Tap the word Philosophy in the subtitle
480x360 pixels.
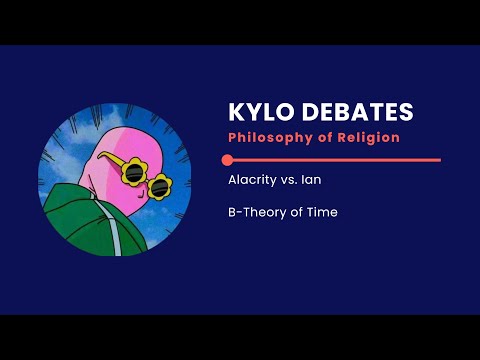click(264, 137)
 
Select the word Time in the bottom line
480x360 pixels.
click(322, 212)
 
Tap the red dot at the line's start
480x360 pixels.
click(227, 159)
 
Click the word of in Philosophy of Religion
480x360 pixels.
click(318, 137)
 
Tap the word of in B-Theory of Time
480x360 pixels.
click(297, 212)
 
